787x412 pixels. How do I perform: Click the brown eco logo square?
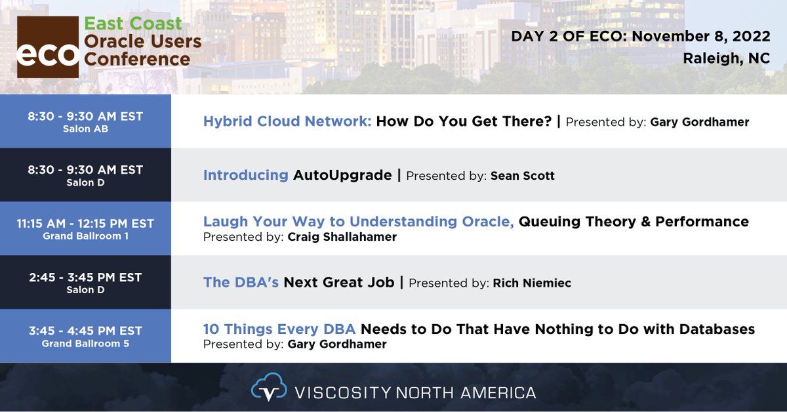tap(47, 47)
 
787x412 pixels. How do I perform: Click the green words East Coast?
tap(133, 24)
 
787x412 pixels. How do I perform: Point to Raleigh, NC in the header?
tap(727, 59)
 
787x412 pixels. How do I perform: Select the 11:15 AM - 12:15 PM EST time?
tap(85, 224)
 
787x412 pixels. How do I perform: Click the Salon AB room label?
tap(85, 129)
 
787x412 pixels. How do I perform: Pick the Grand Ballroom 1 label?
tap(85, 236)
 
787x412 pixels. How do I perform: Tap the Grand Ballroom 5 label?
tap(85, 343)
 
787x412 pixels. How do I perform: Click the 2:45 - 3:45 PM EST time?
tap(85, 277)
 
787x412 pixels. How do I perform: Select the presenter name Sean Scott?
tap(523, 176)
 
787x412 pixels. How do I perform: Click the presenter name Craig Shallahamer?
tap(342, 237)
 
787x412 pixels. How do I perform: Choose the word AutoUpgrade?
tap(342, 175)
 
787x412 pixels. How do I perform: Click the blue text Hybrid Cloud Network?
tap(287, 121)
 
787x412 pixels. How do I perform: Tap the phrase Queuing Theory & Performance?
tap(634, 222)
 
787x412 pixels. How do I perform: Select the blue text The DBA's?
tap(241, 282)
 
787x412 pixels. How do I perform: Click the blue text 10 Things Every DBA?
tap(279, 329)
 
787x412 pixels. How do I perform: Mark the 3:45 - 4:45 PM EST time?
tap(85, 331)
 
